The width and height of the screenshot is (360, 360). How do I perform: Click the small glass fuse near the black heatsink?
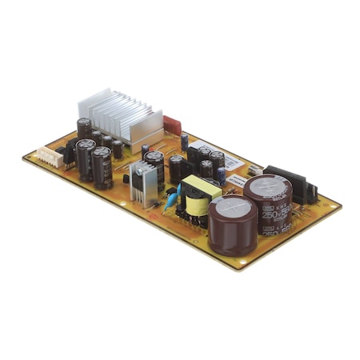[x=254, y=170]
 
